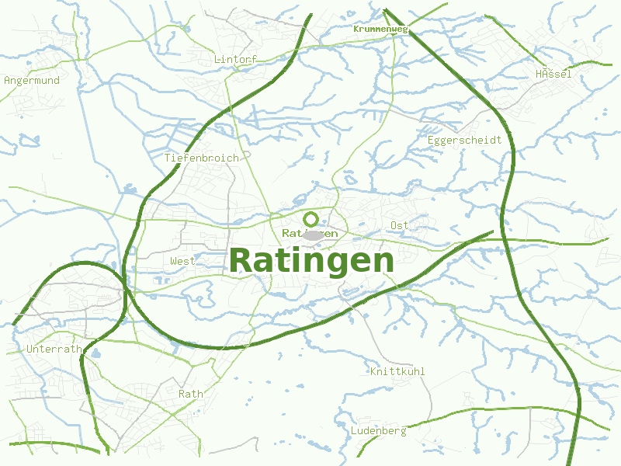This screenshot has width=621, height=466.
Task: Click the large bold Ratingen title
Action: (x=311, y=260)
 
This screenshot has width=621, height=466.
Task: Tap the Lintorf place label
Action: (x=234, y=59)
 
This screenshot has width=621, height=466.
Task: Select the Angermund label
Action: (x=32, y=80)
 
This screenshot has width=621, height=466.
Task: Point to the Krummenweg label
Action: (x=380, y=29)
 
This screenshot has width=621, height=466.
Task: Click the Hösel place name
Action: (x=553, y=74)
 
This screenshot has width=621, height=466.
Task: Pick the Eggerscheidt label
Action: (x=464, y=140)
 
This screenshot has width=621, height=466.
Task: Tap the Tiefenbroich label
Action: (x=201, y=158)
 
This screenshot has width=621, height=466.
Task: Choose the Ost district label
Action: (x=400, y=225)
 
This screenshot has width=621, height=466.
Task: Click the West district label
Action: (x=182, y=261)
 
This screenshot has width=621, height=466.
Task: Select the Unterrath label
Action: (x=54, y=349)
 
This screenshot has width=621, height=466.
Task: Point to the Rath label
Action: (x=190, y=394)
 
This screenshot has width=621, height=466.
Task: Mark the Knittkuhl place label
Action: (x=397, y=371)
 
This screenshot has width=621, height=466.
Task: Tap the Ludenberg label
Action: (x=378, y=430)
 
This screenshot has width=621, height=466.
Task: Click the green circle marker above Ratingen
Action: (x=311, y=218)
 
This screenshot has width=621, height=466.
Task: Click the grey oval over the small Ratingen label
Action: (x=313, y=235)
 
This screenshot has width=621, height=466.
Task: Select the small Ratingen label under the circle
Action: (x=310, y=233)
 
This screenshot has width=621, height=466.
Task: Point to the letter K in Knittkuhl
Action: (x=373, y=371)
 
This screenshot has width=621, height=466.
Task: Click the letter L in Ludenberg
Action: (x=354, y=430)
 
